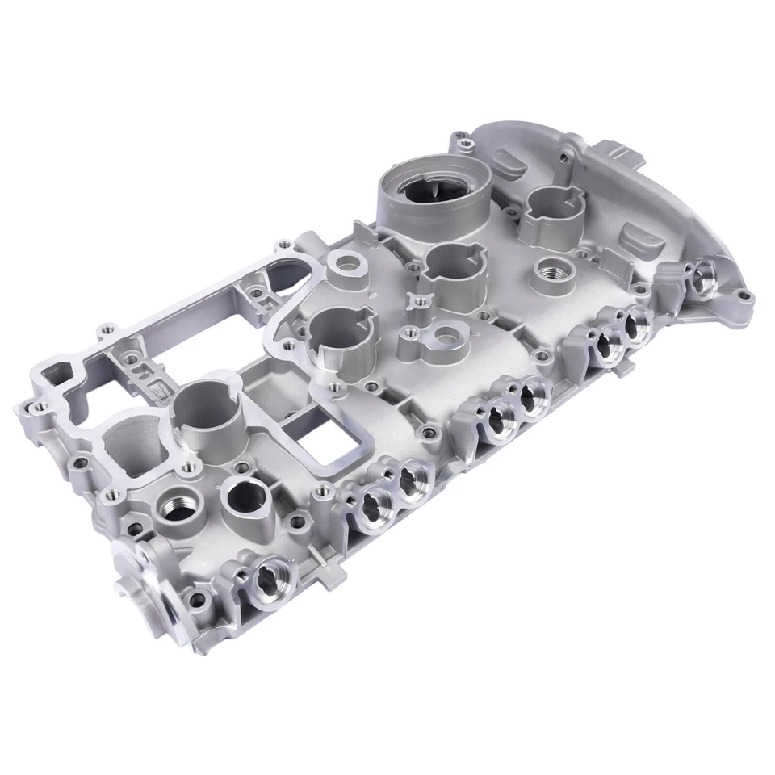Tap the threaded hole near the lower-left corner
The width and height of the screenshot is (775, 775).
177,507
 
